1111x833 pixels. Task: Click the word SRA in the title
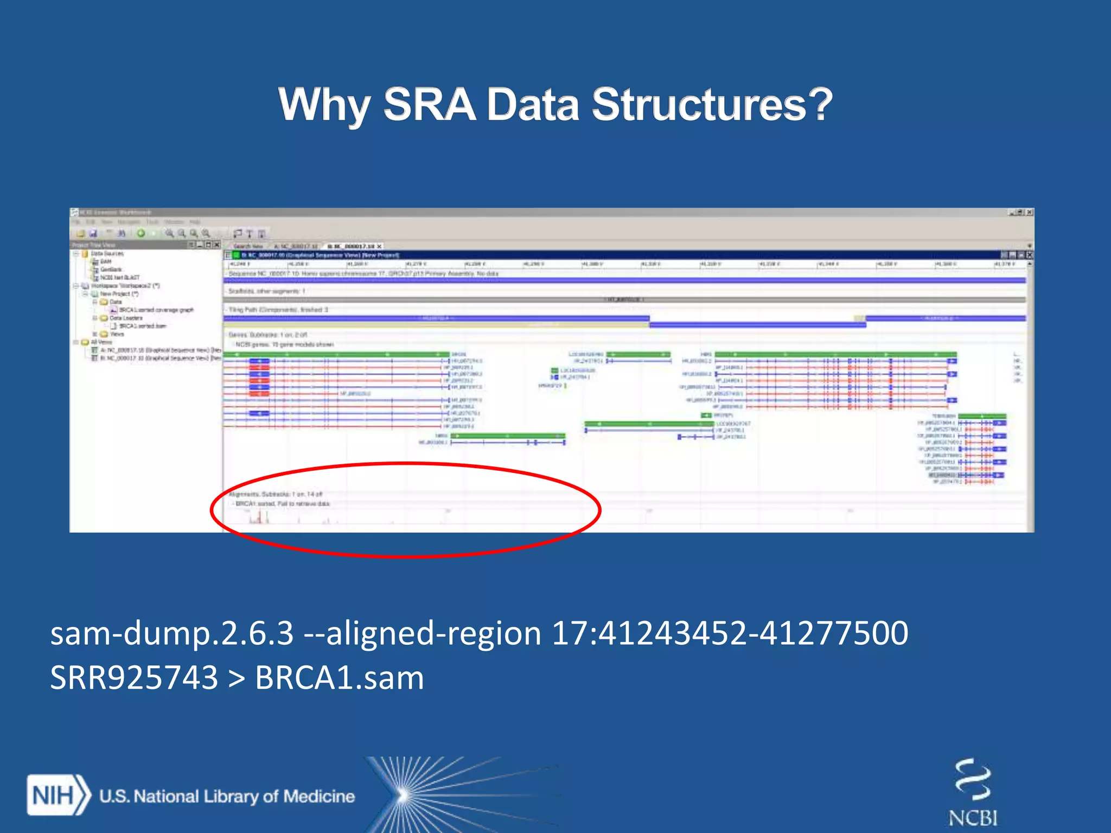pos(429,104)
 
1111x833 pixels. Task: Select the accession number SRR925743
pos(134,677)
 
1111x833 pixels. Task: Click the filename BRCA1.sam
pos(339,677)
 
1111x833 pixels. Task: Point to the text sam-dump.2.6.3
pos(172,633)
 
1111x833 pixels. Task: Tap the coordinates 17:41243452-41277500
pos(730,633)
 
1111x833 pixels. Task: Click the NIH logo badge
pos(58,796)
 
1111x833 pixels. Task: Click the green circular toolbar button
pos(141,233)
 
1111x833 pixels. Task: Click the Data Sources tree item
pos(107,253)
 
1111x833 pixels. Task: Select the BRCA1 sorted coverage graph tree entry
pos(156,310)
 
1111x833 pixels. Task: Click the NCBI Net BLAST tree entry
pos(119,277)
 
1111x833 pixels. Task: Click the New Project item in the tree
pos(119,293)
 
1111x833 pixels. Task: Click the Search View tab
pos(248,246)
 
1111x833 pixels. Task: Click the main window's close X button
pos(1030,212)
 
